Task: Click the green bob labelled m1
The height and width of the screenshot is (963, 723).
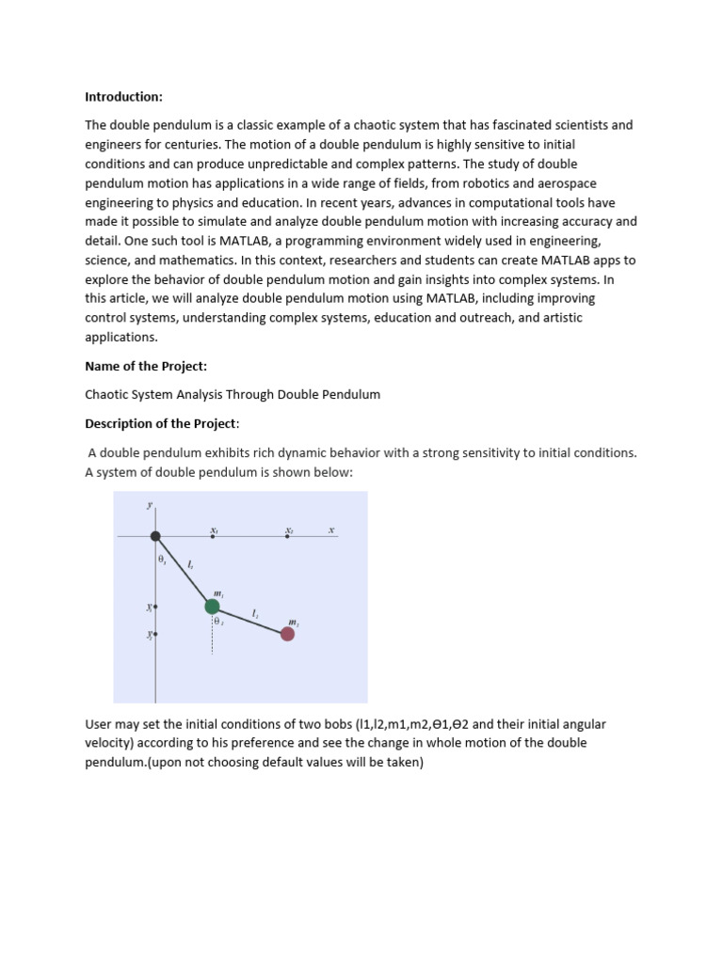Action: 213,606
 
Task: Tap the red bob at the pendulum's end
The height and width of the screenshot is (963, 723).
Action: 287,634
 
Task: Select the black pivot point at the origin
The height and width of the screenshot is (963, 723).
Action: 155,536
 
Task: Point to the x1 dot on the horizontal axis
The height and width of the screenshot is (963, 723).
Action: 213,536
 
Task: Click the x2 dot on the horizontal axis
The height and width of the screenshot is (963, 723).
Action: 288,536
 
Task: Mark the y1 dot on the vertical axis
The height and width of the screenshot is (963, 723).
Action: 155,608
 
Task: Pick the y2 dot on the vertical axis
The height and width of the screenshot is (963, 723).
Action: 155,635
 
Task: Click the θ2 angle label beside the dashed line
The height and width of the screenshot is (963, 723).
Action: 218,622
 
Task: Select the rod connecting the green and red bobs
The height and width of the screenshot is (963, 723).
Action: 250,620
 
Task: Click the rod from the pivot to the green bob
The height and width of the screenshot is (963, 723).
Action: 184,571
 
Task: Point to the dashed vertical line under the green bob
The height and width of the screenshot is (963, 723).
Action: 213,639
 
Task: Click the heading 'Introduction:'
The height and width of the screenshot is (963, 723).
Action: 123,97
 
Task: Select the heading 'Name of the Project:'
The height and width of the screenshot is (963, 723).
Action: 146,366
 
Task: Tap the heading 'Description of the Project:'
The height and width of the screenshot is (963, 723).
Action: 162,423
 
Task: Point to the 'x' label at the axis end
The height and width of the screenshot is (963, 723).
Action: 331,530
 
